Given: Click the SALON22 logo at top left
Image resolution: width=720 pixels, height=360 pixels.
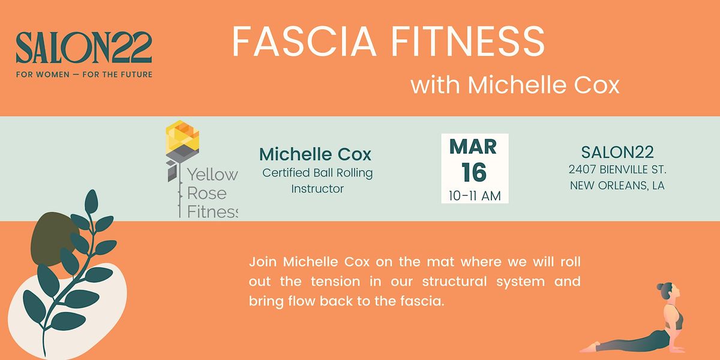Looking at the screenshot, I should (x=84, y=48).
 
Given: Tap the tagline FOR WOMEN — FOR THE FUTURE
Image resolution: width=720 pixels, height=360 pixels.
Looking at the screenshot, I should (x=84, y=74).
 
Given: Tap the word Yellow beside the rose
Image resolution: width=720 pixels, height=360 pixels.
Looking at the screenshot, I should (x=212, y=175).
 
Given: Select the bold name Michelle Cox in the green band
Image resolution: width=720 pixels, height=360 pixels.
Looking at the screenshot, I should (x=315, y=155).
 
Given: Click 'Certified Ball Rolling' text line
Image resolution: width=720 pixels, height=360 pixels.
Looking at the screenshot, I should (x=317, y=173).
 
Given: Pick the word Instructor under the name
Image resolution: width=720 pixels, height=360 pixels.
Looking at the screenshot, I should (x=317, y=188).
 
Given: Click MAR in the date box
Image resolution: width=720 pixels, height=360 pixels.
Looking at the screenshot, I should (x=474, y=146).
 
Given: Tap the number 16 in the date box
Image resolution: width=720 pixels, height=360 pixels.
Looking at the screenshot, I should (x=474, y=173).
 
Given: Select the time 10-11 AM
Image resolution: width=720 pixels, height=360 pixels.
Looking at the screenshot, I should (x=474, y=196).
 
